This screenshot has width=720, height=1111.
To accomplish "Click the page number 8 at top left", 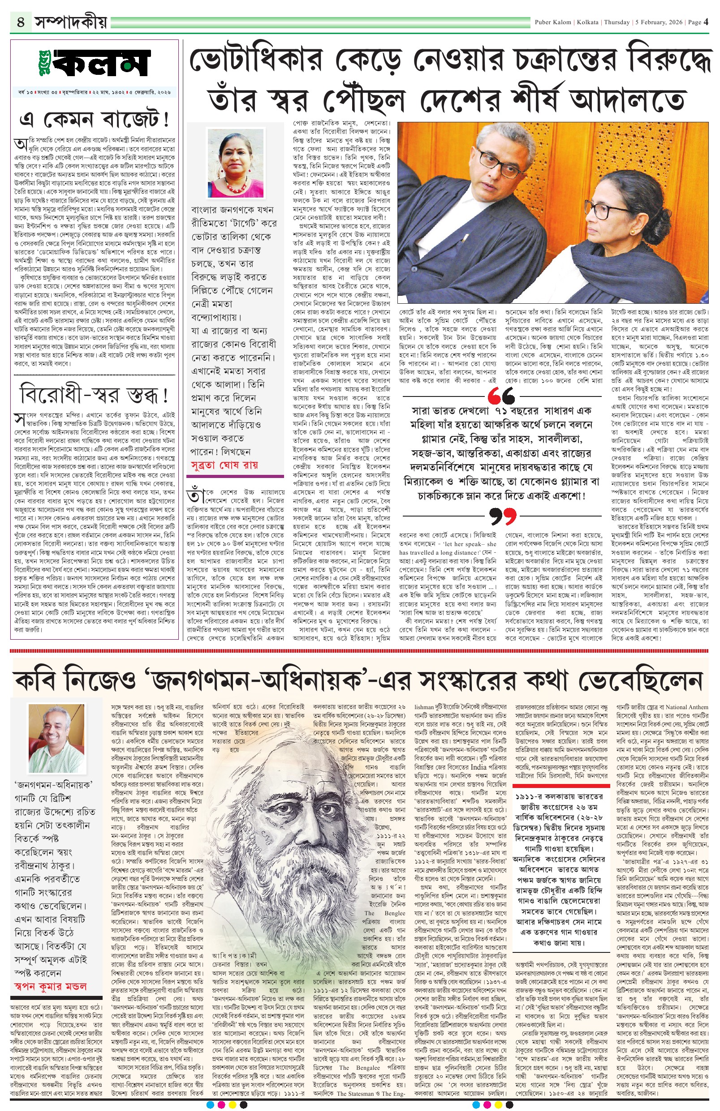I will tap(21, 22).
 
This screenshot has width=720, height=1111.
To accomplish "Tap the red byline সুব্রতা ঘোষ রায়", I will tap(224, 465).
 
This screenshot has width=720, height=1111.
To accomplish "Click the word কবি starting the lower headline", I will tap(40, 681).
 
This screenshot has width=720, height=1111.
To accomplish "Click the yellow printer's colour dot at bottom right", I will tap(498, 1104).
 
